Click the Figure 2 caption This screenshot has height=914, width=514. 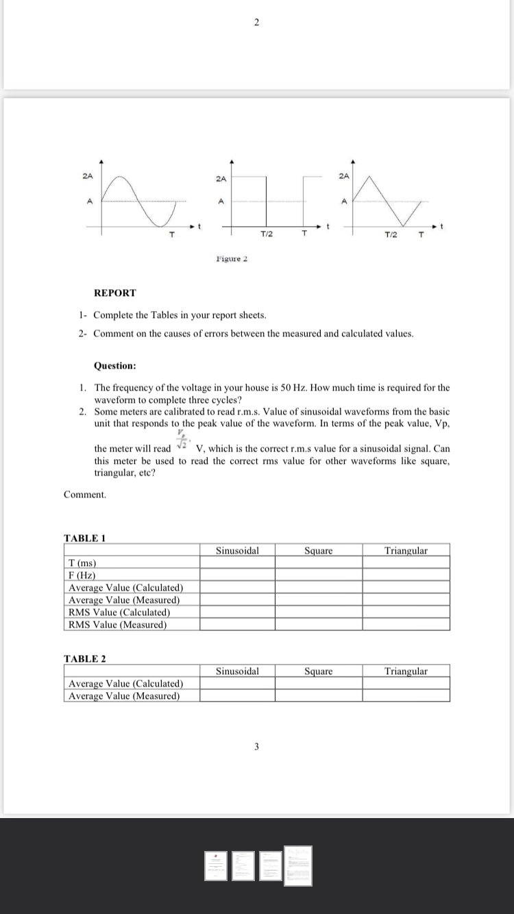(231, 258)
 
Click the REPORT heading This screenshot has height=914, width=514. (114, 293)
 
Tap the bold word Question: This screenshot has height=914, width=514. (114, 366)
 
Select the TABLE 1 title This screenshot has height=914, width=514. (84, 538)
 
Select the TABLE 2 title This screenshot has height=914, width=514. (84, 658)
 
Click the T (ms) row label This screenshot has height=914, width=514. (82, 563)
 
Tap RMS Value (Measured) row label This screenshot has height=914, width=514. (117, 624)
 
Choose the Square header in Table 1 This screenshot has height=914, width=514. (319, 550)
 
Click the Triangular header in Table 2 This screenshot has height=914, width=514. (406, 671)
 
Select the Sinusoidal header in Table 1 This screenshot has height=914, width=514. (237, 550)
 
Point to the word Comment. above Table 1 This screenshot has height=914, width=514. (85, 494)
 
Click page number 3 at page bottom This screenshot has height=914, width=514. (256, 746)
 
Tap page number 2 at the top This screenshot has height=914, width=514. (256, 23)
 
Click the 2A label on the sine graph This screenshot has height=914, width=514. (87, 176)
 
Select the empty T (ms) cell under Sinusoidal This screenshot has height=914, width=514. (237, 563)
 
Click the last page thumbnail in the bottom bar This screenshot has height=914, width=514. (298, 865)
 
